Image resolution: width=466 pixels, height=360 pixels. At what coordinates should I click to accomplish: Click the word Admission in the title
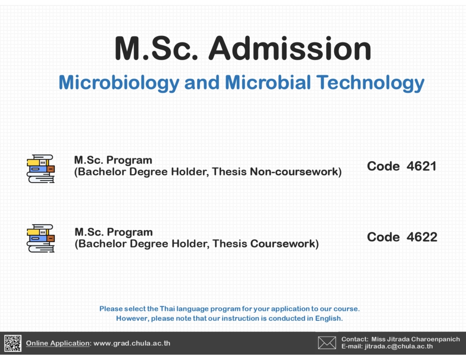pos(290,48)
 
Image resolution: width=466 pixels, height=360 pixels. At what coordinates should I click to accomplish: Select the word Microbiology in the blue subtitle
pos(119,83)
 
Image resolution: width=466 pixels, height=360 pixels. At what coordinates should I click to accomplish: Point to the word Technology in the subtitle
pos(370,83)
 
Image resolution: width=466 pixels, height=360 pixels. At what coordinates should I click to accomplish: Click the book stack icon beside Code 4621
pos(41,168)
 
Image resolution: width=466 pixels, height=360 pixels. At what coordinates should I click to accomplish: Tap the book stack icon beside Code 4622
pos(41,238)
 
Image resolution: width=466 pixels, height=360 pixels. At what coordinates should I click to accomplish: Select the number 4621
pos(421,166)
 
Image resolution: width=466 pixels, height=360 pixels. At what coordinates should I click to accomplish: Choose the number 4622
pos(422,237)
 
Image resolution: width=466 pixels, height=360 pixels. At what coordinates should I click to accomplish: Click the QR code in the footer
pos(13,343)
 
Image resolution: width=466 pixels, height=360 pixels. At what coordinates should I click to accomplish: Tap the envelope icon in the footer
pos(327,343)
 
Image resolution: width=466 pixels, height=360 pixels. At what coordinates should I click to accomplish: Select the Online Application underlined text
pos(58,343)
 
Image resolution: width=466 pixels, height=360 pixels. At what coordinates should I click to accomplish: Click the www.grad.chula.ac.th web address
pos(132,343)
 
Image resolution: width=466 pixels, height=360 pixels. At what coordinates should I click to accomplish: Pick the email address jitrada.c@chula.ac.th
pos(399,346)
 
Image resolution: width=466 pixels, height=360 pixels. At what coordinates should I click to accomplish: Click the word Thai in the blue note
pos(167,309)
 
